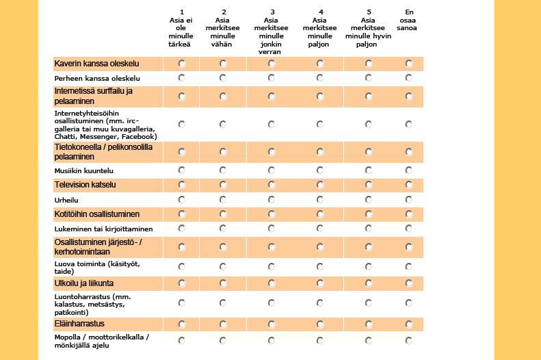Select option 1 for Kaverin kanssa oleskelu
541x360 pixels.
pos(181,64)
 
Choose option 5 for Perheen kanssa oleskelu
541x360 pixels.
pos(369,78)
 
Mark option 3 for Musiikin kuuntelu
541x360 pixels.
pos(272,170)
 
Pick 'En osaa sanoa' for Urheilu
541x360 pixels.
pos(408,199)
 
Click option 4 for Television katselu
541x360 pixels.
pos(320,185)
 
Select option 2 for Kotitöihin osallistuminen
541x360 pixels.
pos(223,214)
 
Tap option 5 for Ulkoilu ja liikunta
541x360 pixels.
pos(369,283)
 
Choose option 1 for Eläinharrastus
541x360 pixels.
pos(181,324)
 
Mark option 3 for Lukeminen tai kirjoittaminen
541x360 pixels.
pos(272,229)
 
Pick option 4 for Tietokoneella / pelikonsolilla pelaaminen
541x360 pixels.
pos(320,152)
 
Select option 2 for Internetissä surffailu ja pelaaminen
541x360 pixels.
pos(223,97)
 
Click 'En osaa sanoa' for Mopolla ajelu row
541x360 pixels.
pos(408,341)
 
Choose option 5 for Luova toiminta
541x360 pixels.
pos(369,266)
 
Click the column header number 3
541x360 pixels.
pos(272,12)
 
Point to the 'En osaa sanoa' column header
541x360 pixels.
pos(407,20)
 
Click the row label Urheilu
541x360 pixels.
pos(66,201)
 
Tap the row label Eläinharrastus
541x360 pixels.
pos(79,324)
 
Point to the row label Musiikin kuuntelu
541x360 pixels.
pos(84,170)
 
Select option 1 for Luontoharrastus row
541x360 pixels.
pos(181,303)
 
